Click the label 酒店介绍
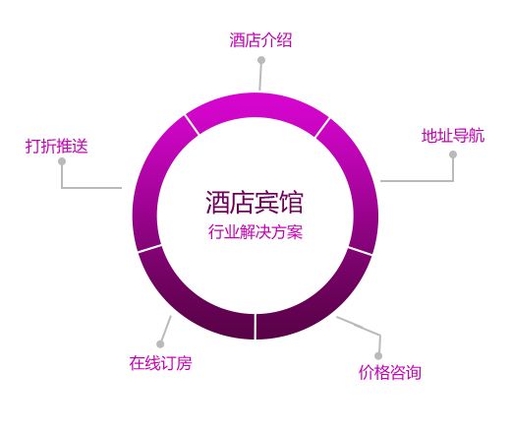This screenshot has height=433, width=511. (260, 40)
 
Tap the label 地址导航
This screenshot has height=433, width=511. (453, 136)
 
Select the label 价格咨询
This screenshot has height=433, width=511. (390, 372)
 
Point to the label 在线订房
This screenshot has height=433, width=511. (160, 363)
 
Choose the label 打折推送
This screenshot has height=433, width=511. (57, 146)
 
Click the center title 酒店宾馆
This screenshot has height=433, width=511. (255, 202)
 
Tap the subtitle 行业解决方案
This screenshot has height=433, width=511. (255, 232)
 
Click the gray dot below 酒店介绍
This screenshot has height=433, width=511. (261, 60)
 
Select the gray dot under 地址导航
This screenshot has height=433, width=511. (453, 155)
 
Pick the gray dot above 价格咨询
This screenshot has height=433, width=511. (378, 356)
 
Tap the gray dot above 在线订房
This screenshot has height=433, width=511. (160, 343)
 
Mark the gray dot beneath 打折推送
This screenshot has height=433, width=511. (62, 161)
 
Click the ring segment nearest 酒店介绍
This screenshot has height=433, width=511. (257, 105)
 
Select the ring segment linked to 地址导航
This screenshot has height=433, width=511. (361, 184)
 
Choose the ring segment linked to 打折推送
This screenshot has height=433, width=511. (149, 184)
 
